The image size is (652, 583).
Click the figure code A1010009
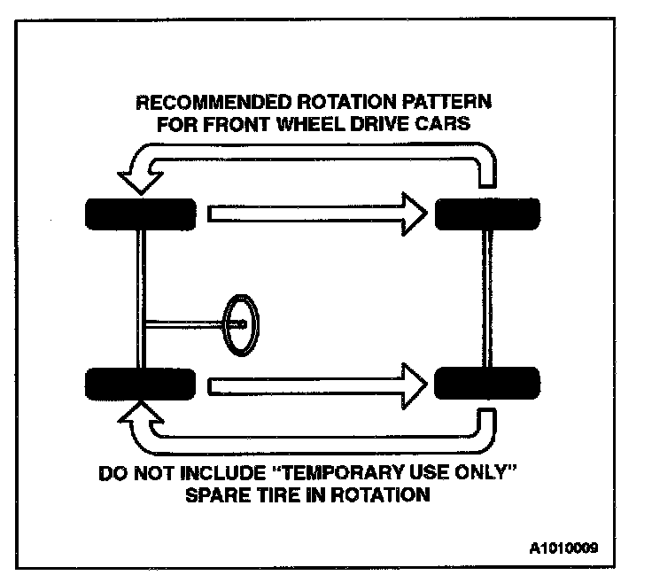(565, 547)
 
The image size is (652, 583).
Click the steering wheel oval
(241, 324)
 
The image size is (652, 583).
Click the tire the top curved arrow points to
(139, 213)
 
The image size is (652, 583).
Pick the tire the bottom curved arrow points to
(139, 384)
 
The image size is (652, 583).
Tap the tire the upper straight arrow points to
(487, 213)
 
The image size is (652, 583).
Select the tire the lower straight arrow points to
(487, 384)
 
